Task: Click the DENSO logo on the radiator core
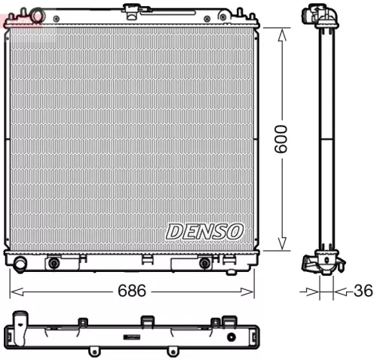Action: coord(204,230)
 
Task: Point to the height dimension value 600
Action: coord(281,138)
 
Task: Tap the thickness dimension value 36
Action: coord(363,291)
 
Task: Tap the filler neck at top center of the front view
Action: coord(133,10)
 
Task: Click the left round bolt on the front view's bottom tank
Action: coord(54,263)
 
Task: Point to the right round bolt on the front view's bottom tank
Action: coord(204,263)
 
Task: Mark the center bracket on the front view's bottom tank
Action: coord(147,260)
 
